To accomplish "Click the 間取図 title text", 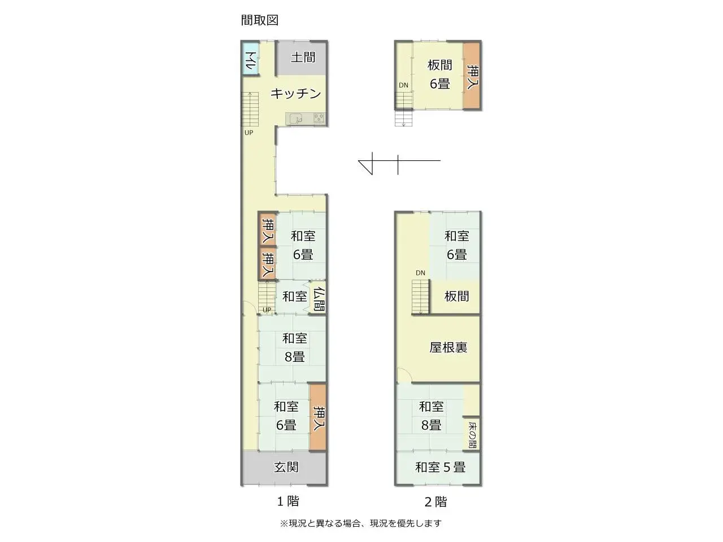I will tap(260, 20).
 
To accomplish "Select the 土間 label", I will tap(303, 57).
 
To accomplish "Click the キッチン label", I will tap(295, 94).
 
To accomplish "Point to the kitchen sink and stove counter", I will tap(306, 119).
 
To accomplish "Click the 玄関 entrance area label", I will tap(286, 467).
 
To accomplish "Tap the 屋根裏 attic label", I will tap(448, 347).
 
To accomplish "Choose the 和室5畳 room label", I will tap(440, 467).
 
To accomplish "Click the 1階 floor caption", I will tap(288, 501).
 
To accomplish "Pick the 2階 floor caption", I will tap(435, 501).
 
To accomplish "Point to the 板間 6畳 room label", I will tap(439, 75).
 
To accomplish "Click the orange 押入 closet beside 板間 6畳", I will tap(472, 76).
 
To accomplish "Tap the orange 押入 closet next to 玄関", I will tap(318, 418).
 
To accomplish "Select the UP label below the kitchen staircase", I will tap(249, 133).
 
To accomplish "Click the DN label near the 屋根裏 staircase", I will tap(420, 273).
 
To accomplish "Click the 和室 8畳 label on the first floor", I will tap(294, 347).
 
